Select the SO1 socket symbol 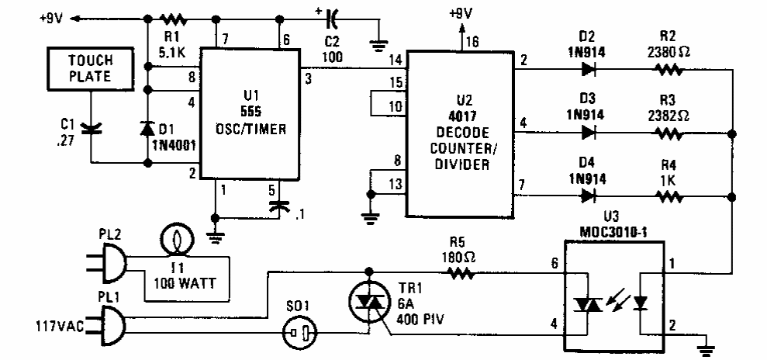click(299, 335)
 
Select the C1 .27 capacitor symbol click(91, 124)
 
